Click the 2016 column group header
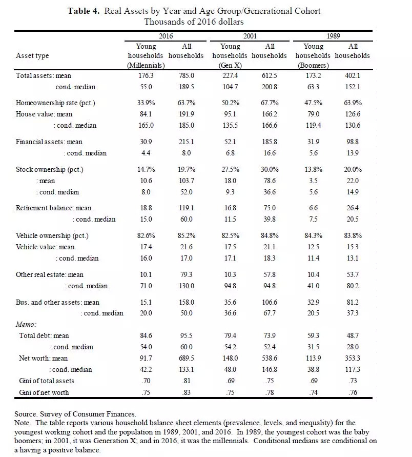(166, 36)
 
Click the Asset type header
(32, 55)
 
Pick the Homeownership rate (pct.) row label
(56, 103)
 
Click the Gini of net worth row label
(43, 392)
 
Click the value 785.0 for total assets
(187, 75)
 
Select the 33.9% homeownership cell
(145, 103)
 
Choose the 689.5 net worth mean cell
(187, 358)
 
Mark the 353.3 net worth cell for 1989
(353, 358)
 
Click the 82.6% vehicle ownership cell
(145, 236)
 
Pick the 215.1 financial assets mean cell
(187, 142)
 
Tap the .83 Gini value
(187, 392)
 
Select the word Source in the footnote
(26, 413)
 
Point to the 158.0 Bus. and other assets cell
(187, 303)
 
